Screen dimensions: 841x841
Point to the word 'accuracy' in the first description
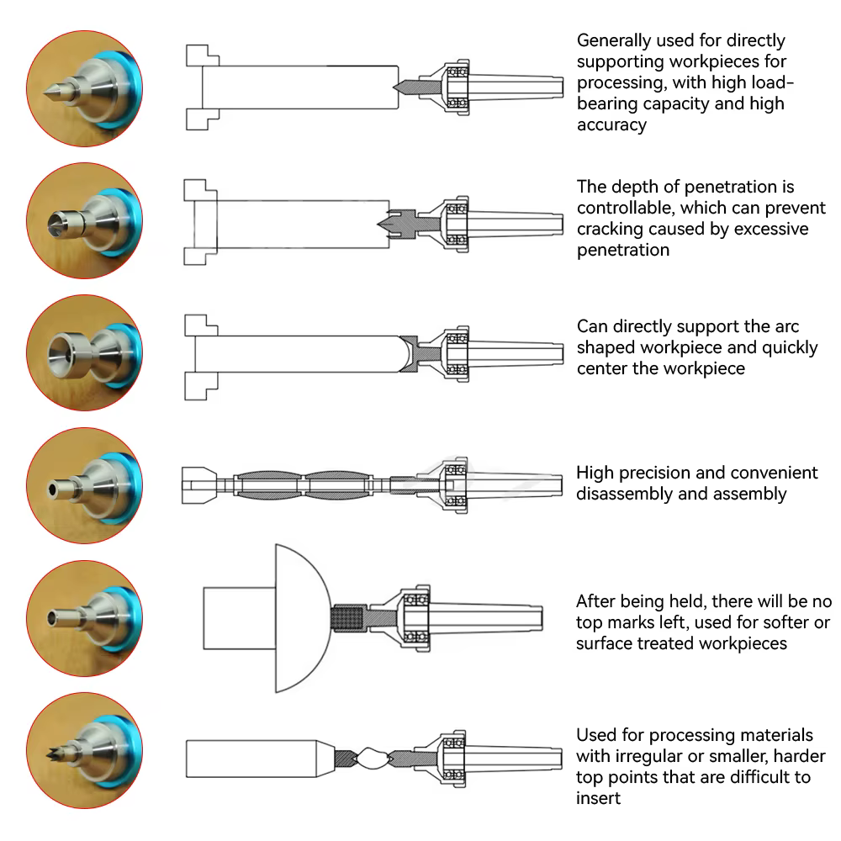[x=612, y=124]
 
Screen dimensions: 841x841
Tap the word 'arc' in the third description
[x=785, y=326]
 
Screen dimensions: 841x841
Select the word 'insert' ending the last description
[x=599, y=798]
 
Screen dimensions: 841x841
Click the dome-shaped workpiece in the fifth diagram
[x=299, y=618]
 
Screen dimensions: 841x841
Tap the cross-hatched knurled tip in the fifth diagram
[x=349, y=618]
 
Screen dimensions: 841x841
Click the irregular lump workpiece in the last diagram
[x=371, y=759]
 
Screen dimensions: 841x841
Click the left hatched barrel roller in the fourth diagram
[x=269, y=485]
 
